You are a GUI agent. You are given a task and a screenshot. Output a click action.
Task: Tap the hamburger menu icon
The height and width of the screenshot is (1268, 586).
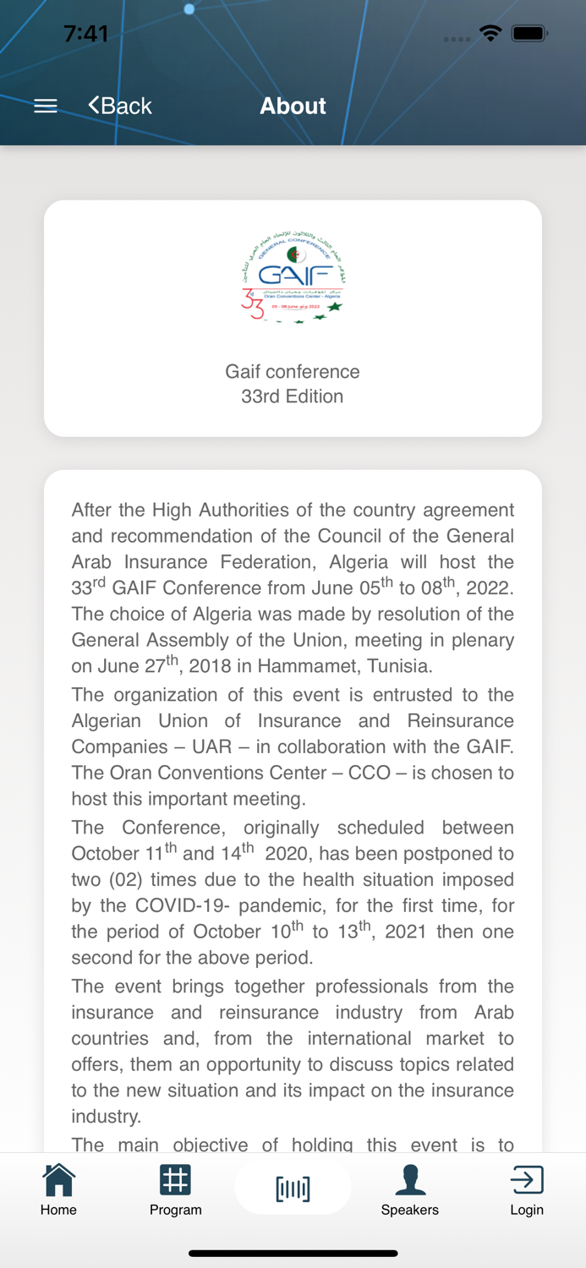[46, 106]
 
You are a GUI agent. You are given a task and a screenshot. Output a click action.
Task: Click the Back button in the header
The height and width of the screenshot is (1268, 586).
[120, 106]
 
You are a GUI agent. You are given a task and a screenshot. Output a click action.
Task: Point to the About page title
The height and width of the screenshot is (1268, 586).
[293, 106]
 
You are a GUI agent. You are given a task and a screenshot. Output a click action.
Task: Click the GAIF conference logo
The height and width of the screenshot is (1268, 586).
[293, 278]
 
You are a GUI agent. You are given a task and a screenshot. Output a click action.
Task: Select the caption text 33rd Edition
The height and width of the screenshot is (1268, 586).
[293, 396]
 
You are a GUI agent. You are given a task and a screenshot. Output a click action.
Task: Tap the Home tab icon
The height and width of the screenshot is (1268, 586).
[58, 1180]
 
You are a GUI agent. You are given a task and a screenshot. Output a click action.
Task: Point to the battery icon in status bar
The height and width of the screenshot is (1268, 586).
[530, 34]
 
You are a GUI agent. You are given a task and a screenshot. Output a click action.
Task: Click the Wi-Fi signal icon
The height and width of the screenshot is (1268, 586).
[490, 34]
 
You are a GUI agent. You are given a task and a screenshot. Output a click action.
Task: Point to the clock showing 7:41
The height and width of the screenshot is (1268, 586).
[85, 34]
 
